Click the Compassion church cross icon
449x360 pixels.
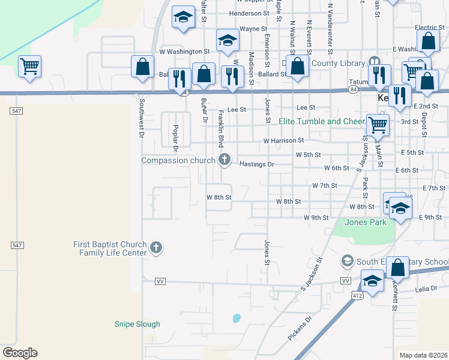tap(224, 159)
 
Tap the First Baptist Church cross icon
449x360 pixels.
tap(156, 247)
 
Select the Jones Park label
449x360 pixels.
tap(365, 222)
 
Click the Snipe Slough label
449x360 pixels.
tap(137, 324)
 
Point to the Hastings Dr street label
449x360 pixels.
tap(256, 164)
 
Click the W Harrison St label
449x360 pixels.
tap(283, 140)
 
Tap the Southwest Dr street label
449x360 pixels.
tap(142, 118)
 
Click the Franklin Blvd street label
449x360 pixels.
tap(220, 128)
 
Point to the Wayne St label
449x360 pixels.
tap(253, 28)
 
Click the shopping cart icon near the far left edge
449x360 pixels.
tap(29, 66)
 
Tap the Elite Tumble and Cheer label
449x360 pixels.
tap(322, 121)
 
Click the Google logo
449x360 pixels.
tap(20, 353)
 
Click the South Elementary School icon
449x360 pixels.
tap(347, 261)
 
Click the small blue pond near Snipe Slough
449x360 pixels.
tap(237, 318)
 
